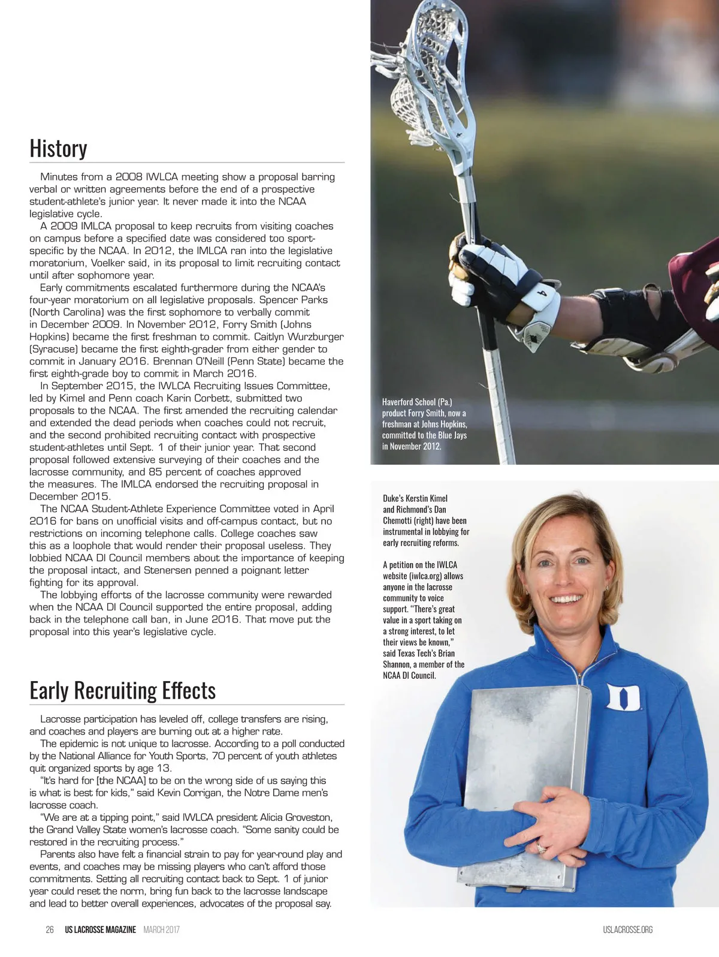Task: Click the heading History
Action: click(x=59, y=148)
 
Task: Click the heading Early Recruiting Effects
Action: click(x=123, y=690)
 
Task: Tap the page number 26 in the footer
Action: click(x=50, y=930)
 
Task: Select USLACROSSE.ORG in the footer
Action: click(x=628, y=930)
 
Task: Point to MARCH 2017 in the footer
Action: click(x=161, y=930)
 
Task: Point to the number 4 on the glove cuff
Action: click(x=543, y=293)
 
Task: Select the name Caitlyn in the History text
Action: click(x=274, y=337)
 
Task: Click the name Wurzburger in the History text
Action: click(x=319, y=337)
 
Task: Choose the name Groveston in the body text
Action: click(x=305, y=817)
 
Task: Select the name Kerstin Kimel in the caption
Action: click(x=426, y=498)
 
